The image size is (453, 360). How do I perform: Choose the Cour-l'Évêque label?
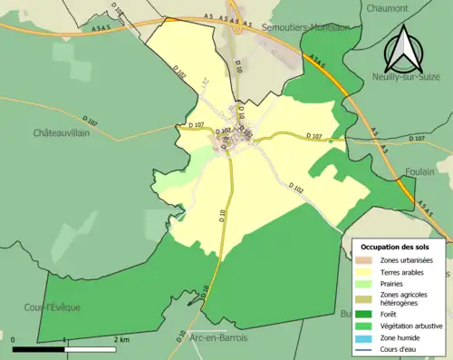[53, 307]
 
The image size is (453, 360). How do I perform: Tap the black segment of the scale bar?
[39, 348]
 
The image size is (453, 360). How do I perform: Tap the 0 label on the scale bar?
[14, 339]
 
